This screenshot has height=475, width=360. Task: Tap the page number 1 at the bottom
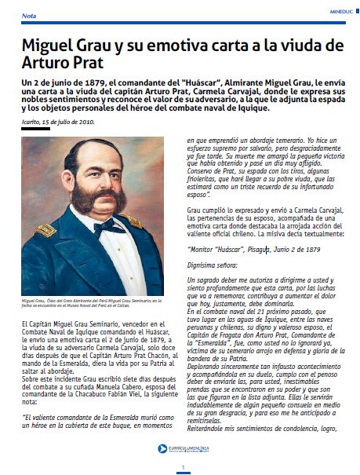click(181, 468)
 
